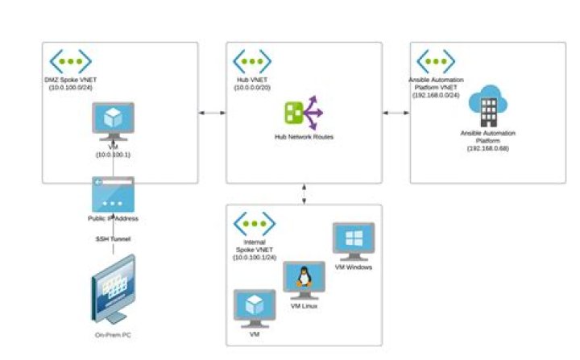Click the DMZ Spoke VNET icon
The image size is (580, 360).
coord(70,61)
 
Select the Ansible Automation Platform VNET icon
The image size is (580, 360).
coord(435,61)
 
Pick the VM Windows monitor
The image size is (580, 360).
coord(354,242)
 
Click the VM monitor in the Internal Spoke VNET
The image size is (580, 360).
coord(254,308)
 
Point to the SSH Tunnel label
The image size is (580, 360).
coord(113,239)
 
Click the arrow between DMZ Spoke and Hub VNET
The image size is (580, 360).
coord(212,113)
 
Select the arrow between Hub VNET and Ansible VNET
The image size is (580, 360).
coord(396,113)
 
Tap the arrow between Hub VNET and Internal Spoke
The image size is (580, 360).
coord(304,194)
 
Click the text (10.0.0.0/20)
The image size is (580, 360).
coord(253,87)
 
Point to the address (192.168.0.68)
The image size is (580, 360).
coord(487,148)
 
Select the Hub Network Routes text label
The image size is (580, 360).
coord(304,137)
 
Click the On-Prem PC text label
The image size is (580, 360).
coord(113,335)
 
